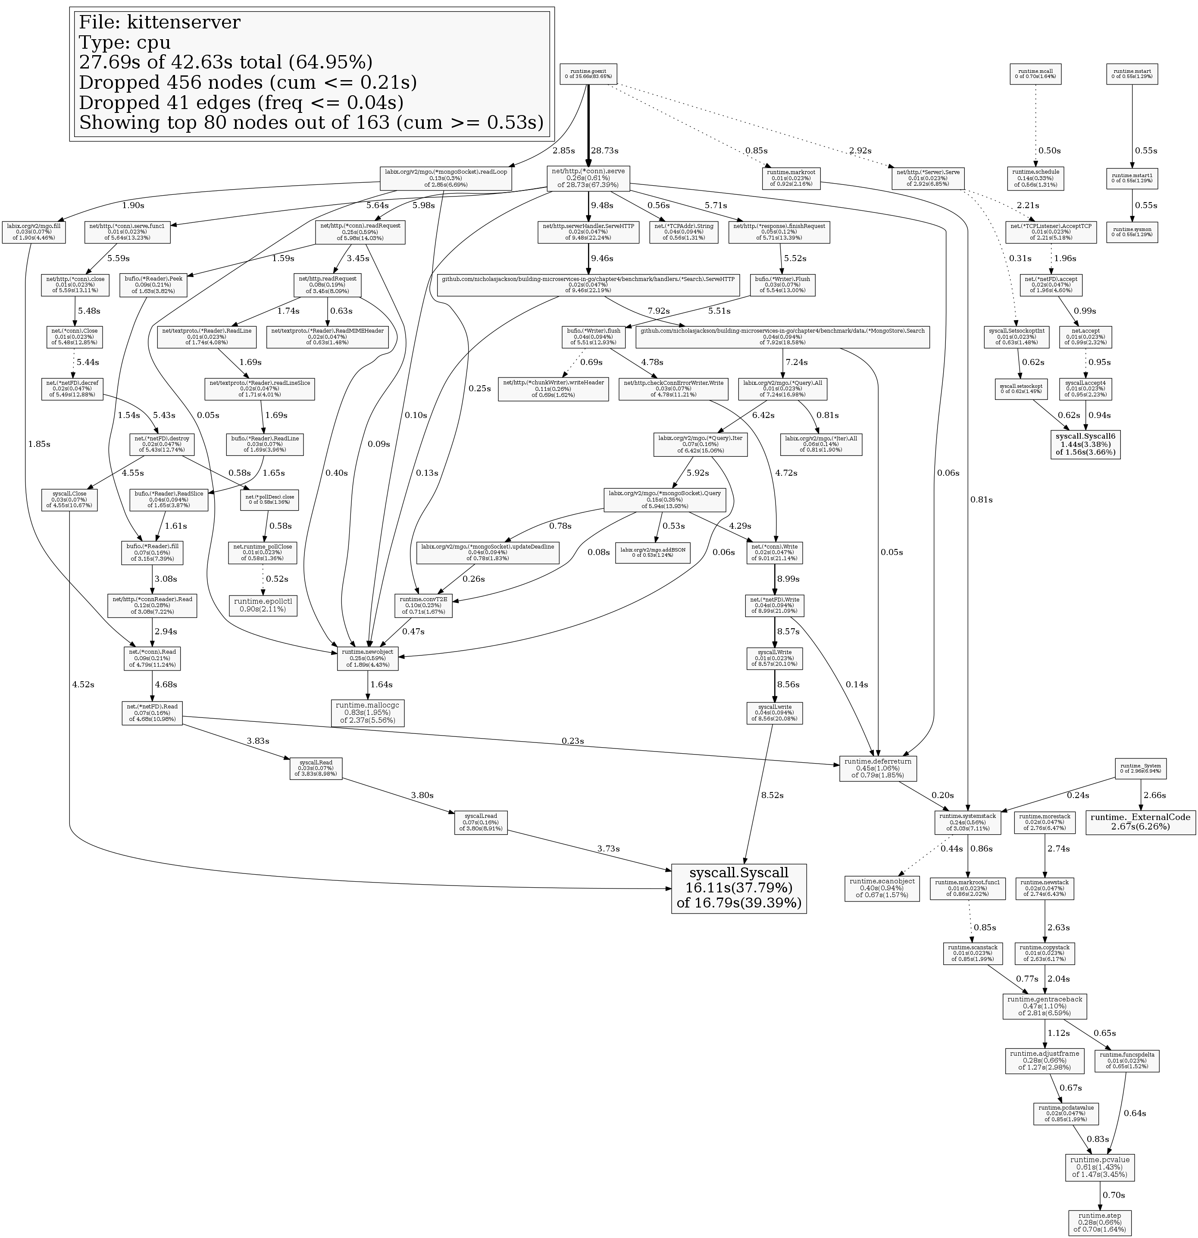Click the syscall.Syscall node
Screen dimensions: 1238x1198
click(x=738, y=888)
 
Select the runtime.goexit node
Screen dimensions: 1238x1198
click(x=588, y=74)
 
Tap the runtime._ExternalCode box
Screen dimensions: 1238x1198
click(x=1141, y=822)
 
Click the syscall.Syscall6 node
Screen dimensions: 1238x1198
click(x=1086, y=444)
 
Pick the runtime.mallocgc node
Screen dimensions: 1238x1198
click(x=368, y=712)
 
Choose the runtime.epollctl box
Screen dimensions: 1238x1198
click(x=263, y=605)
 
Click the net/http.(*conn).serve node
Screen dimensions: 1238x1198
click(x=588, y=178)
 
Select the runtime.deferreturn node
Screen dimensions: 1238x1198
click(x=878, y=768)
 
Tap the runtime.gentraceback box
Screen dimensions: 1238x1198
click(x=1045, y=1006)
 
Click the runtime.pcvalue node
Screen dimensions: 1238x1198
click(x=1099, y=1167)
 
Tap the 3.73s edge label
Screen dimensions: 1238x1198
click(x=608, y=848)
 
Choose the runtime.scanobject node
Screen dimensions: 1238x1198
click(x=882, y=889)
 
